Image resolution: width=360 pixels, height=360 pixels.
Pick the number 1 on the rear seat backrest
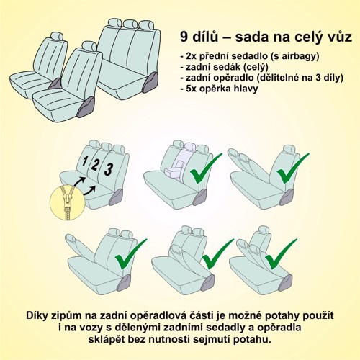pyautogui.click(x=84, y=160)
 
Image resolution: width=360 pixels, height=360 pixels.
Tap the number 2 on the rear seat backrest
pyautogui.click(x=95, y=164)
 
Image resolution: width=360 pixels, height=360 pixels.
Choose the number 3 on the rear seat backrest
pyautogui.click(x=108, y=170)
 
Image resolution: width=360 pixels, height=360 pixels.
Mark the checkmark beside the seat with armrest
pyautogui.click(x=205, y=171)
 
